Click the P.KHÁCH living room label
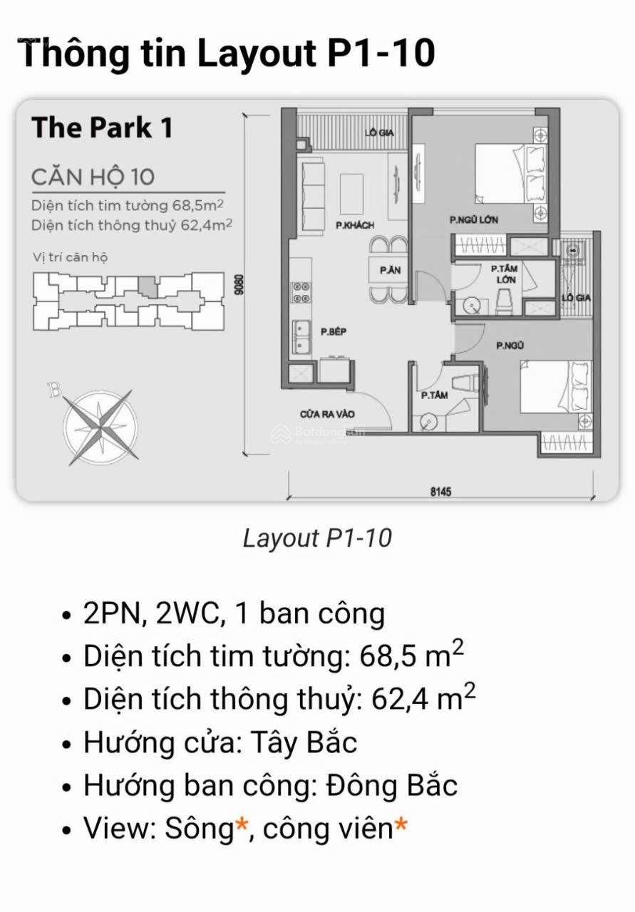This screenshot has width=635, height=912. tap(355, 224)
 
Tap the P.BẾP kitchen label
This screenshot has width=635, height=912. tap(334, 331)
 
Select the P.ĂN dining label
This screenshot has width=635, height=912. tap(391, 270)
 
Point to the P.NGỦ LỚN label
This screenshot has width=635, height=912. tap(474, 219)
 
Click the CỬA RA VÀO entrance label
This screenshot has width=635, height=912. tap(328, 414)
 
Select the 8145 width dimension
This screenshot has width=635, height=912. tap(440, 492)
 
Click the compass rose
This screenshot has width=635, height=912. tap(100, 427)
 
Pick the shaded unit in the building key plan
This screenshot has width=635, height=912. tap(148, 286)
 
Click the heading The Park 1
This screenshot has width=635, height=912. tap(102, 128)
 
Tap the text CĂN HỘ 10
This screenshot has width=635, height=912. tap(93, 177)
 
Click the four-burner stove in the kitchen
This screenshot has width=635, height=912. tap(301, 293)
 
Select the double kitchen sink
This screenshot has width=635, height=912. tap(301, 337)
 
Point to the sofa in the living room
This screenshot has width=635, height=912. tap(313, 197)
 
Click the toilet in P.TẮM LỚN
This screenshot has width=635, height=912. tap(504, 301)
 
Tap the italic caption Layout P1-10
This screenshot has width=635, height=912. tap(317, 538)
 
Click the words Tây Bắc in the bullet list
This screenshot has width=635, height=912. tap(304, 742)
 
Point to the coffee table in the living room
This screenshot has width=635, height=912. tap(351, 194)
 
